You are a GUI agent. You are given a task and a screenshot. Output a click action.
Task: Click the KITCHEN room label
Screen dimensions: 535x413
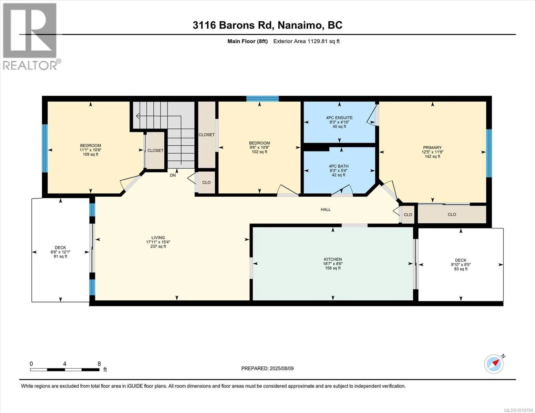[333, 259]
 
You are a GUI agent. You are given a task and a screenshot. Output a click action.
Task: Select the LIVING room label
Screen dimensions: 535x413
[158, 237]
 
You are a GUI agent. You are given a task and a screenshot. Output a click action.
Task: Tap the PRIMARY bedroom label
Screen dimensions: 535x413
[432, 148]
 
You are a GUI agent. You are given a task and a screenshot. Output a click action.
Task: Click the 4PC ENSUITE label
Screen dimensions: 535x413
[339, 118]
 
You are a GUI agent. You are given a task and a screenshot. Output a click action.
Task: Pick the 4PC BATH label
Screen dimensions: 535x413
[339, 166]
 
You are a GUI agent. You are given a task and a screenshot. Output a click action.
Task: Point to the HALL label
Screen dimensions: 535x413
[326, 210]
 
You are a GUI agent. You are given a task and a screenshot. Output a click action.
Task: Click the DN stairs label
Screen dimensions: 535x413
[173, 176]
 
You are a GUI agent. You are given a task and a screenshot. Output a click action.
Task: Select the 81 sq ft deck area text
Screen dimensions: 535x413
[60, 256]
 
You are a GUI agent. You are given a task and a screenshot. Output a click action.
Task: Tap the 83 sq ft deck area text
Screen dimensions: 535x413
[461, 269]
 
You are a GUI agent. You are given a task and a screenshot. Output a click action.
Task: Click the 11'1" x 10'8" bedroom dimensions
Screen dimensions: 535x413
[90, 150]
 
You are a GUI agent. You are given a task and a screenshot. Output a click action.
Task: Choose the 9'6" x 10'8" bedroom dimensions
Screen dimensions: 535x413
[259, 147]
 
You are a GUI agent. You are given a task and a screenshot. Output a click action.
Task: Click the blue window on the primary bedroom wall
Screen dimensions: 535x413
[489, 153]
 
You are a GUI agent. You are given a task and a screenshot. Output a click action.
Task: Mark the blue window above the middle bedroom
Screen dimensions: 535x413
[263, 99]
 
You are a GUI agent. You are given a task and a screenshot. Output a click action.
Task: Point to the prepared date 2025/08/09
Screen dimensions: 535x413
[281, 369]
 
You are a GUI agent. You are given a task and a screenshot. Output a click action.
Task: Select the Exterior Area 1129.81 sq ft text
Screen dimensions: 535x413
[306, 41]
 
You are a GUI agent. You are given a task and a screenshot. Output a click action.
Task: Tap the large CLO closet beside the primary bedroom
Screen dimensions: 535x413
[452, 214]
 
